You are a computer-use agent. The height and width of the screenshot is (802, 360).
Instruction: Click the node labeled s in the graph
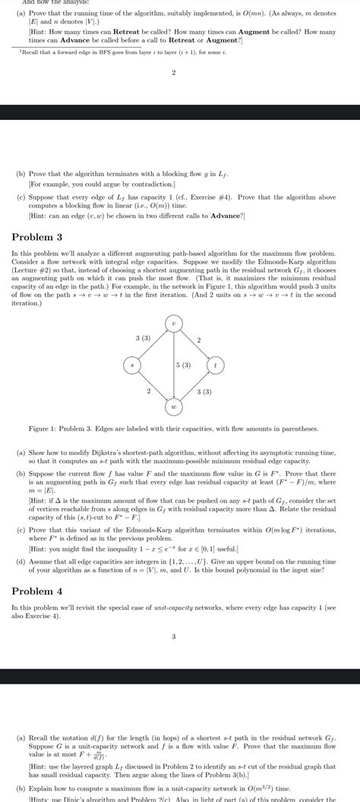tap(132, 365)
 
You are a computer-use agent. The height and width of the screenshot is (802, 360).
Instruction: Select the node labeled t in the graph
tap(217, 365)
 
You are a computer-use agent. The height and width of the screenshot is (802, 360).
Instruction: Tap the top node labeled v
tap(175, 324)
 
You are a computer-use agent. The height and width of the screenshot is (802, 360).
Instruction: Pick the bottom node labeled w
tap(175, 407)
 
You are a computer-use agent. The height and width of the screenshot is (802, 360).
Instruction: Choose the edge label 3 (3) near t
tap(204, 391)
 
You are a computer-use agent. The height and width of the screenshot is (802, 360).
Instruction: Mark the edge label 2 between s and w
tap(148, 390)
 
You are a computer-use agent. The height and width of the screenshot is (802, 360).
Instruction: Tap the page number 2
tap(174, 73)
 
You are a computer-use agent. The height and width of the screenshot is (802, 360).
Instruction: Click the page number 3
tap(174, 636)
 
